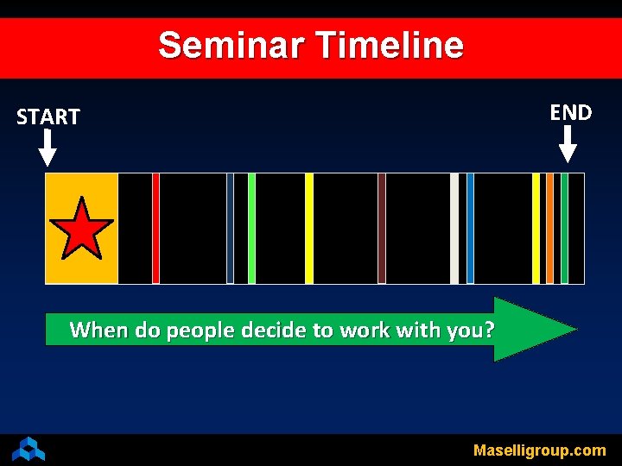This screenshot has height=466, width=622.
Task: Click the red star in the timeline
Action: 81,229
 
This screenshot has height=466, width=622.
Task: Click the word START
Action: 48,116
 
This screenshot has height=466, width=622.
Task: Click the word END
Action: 570,112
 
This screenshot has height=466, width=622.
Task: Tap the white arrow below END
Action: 568,144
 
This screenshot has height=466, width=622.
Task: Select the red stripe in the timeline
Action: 155,229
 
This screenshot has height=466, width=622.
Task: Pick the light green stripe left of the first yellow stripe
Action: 251,229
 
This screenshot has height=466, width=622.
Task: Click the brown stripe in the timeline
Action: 381,229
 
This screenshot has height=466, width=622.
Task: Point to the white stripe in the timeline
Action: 454,229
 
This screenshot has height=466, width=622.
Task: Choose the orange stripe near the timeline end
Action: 549,229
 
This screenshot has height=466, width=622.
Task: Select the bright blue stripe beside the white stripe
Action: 470,229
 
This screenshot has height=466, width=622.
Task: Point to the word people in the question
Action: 200,330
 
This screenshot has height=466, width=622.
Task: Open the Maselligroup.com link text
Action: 539,450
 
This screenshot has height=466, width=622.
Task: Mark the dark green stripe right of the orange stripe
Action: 564,229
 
